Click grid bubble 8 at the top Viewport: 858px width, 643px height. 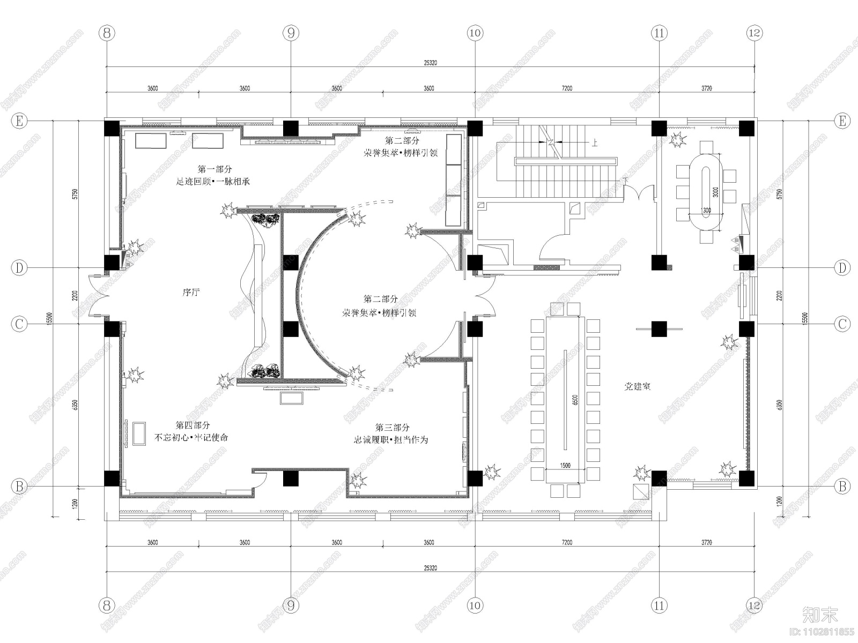pos(107,33)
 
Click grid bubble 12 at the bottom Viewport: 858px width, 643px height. pos(754,605)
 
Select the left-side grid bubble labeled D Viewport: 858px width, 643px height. pos(19,268)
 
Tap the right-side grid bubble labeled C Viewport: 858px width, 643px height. pos(842,324)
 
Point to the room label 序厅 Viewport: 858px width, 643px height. pos(191,293)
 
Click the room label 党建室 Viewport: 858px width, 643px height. pos(637,386)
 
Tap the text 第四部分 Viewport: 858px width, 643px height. pos(193,425)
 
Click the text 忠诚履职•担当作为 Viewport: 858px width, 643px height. pos(390,440)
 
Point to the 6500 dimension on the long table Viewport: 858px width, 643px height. pos(575,400)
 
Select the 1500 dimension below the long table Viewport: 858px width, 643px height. pos(565,466)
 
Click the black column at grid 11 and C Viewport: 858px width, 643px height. pos(659,328)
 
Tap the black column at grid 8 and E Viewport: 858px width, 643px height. pos(112,129)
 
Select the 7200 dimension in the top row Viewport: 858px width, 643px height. pos(566,88)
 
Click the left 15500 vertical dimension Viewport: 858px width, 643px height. pos(50,318)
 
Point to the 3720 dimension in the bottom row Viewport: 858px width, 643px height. pos(706,543)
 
